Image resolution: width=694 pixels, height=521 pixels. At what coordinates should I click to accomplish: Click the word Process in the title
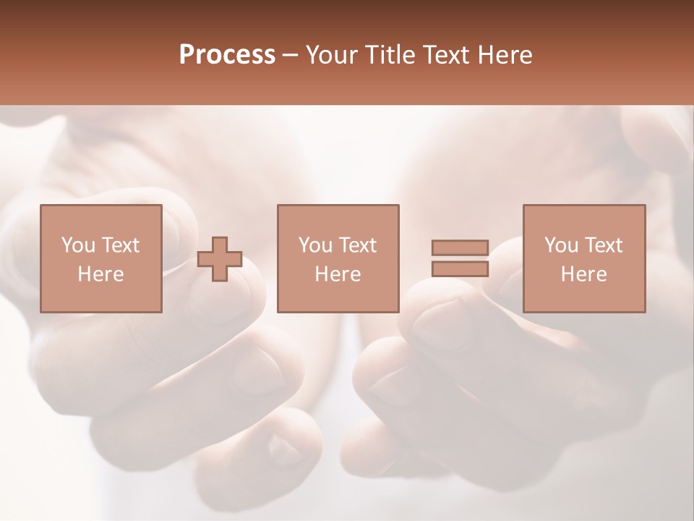(227, 55)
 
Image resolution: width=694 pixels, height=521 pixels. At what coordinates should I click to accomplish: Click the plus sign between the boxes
(220, 259)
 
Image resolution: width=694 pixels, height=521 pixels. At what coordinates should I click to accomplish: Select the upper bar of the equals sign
(460, 248)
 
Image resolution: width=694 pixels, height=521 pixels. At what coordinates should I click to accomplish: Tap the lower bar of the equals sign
(460, 268)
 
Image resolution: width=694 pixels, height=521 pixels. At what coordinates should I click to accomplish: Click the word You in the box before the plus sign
(77, 245)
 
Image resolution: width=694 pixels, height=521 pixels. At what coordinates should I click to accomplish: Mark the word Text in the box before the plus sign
(119, 245)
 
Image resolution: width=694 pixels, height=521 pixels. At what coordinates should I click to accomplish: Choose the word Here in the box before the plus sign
(100, 274)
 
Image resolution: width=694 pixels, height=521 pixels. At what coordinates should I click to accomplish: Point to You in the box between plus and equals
(315, 245)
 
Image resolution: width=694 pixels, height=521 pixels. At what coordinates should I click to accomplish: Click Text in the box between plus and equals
(357, 245)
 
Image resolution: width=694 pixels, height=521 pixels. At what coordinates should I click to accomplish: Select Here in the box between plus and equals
(338, 274)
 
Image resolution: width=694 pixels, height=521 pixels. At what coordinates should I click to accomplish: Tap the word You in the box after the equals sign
(561, 245)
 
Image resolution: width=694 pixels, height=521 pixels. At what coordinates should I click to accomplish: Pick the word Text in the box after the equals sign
(603, 245)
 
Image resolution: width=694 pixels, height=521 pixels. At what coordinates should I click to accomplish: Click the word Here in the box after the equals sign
(584, 274)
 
